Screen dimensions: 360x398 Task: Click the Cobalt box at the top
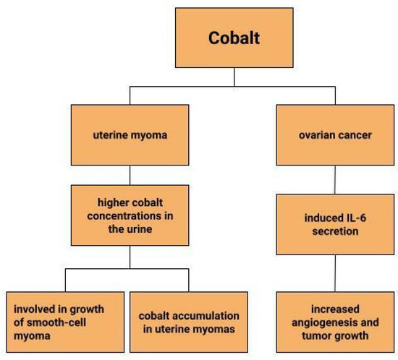click(x=233, y=38)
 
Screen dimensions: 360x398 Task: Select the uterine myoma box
click(x=130, y=135)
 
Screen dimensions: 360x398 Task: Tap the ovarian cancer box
click(x=335, y=135)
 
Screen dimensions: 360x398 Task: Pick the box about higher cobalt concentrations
click(x=130, y=215)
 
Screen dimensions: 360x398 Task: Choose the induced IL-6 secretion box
click(x=335, y=225)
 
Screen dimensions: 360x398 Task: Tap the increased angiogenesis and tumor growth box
click(x=335, y=322)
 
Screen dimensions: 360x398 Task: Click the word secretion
click(x=335, y=231)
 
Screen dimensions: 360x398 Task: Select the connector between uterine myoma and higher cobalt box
click(x=130, y=174)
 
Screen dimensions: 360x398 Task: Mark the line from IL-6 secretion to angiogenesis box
click(x=335, y=273)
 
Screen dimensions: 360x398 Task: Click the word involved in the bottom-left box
click(x=33, y=309)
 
